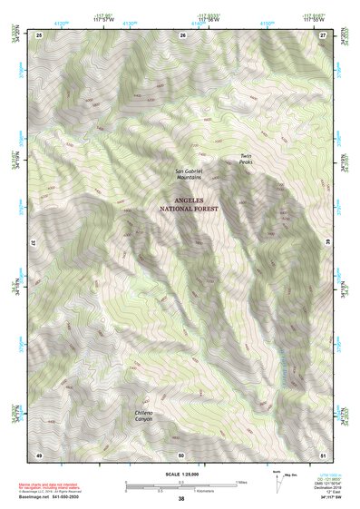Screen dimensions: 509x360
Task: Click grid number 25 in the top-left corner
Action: click(x=39, y=34)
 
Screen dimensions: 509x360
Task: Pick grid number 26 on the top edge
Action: click(x=182, y=34)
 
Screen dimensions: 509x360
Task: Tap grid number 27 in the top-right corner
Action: click(x=323, y=34)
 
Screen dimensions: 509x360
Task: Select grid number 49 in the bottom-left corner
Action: click(x=39, y=455)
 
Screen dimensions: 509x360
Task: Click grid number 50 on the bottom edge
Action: click(x=181, y=455)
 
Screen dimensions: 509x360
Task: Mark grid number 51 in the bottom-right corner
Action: click(x=323, y=455)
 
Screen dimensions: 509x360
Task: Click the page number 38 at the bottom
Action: click(x=181, y=500)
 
